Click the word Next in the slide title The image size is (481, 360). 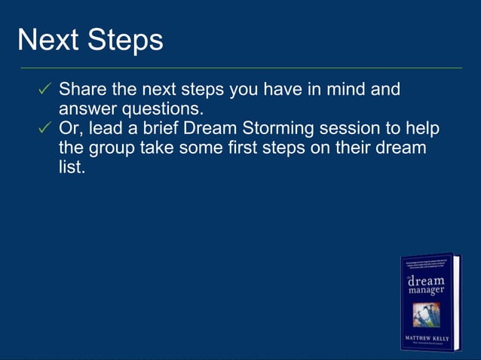(47, 40)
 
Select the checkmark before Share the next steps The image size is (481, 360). (44, 90)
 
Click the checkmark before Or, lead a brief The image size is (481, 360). (44, 129)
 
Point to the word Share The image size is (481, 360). (84, 90)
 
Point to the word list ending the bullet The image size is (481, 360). (70, 168)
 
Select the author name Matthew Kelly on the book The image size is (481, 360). (427, 338)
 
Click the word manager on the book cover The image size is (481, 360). (426, 290)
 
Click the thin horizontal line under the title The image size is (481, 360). (240, 68)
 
